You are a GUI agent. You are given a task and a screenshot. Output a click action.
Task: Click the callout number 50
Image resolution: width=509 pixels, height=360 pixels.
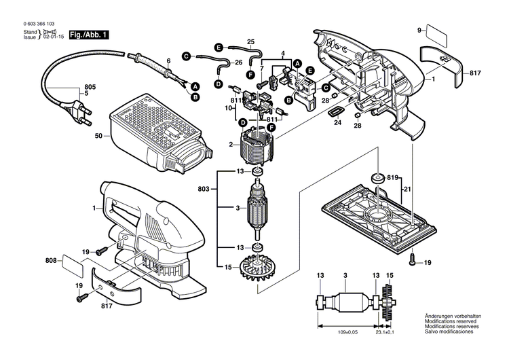point(98,137)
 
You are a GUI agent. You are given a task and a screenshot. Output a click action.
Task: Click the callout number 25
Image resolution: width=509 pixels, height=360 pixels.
point(250,41)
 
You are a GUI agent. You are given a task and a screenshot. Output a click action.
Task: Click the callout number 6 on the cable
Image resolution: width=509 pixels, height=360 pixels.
point(168,61)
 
